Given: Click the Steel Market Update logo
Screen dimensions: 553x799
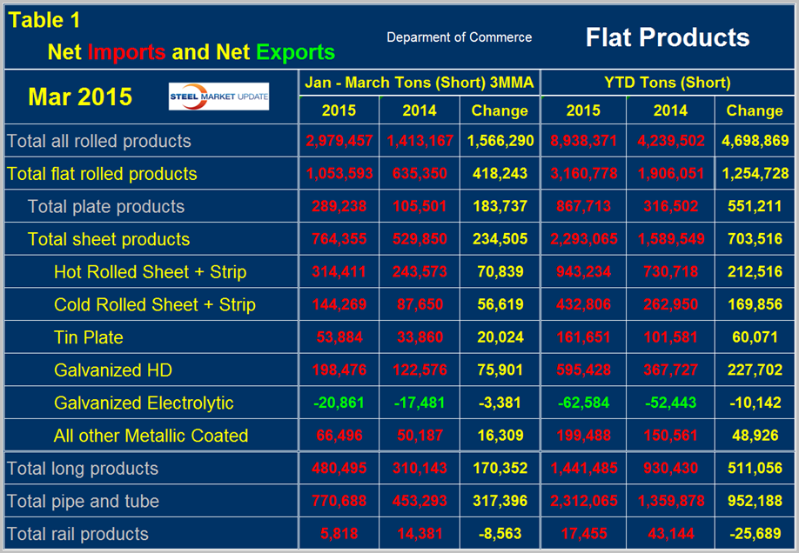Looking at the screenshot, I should pos(218,97).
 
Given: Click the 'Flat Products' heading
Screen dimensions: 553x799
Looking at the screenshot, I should pos(668,37).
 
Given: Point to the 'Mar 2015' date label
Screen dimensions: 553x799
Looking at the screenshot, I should pos(80,97).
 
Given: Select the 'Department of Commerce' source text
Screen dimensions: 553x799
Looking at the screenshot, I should pos(459,37).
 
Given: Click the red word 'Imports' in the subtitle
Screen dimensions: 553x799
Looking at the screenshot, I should pos(126,52).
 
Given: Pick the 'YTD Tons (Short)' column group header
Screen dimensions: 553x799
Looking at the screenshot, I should pos(668,83).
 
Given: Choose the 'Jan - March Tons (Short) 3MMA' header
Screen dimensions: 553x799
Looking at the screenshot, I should pos(419,83).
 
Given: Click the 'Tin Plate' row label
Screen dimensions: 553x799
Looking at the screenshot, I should pos(88,337).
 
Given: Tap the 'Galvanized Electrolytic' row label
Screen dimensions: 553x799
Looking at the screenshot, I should pos(144,403).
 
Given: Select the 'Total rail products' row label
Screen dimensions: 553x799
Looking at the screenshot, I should pos(77,534).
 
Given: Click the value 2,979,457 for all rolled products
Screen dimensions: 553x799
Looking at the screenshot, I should pos(339,141).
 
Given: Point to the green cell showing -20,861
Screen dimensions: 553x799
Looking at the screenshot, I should pos(339,403).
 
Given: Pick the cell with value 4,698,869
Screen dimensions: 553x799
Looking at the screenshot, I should pos(754,141).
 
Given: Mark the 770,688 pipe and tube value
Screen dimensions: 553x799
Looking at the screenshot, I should pos(339,502).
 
